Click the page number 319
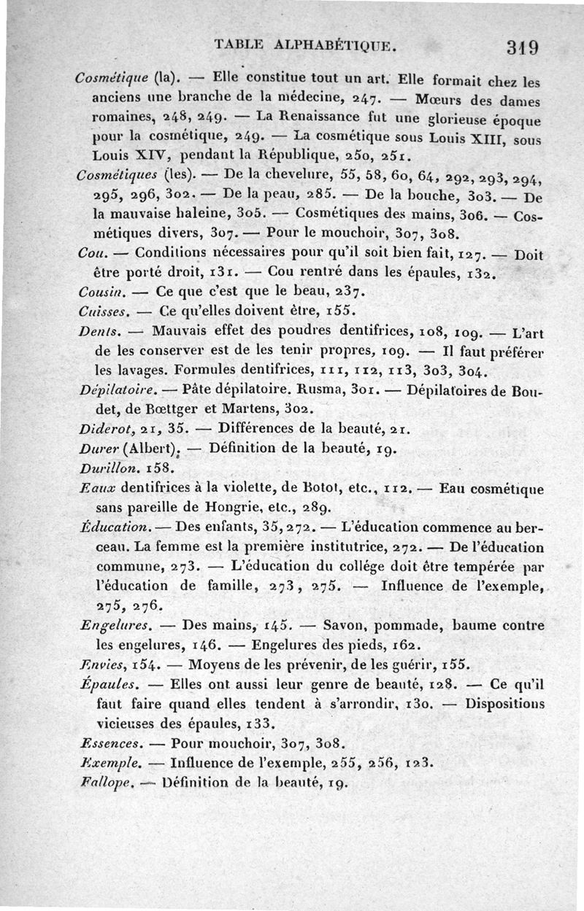click(x=522, y=47)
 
